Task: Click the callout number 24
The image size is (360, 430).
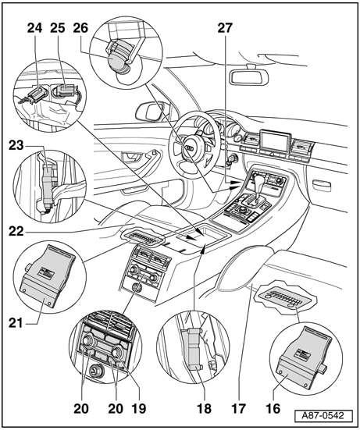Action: [34, 28]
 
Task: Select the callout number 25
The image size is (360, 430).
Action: [58, 28]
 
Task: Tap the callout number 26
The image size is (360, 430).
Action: [80, 28]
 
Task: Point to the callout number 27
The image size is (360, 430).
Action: [225, 28]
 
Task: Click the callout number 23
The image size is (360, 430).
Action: [16, 145]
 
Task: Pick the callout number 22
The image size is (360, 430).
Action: [16, 232]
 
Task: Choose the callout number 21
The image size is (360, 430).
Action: [16, 323]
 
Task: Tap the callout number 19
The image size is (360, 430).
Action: [139, 409]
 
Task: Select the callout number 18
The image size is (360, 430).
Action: [205, 409]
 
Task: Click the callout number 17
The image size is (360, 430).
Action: [238, 409]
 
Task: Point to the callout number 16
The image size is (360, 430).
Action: [273, 409]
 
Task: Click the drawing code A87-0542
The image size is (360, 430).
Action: [323, 415]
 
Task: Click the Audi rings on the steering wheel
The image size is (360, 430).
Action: [189, 148]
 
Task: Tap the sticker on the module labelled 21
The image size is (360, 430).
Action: [46, 272]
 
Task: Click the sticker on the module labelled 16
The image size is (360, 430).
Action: [303, 354]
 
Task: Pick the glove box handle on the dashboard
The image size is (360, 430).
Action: [322, 187]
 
